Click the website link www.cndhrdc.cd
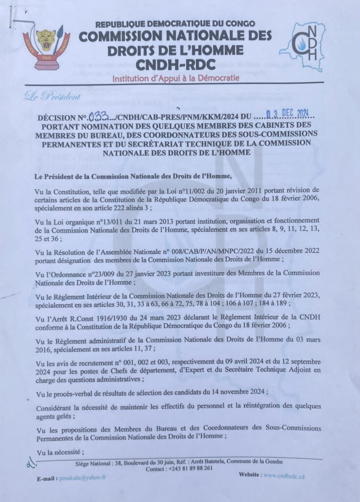(x=292, y=475)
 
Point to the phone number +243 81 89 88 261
(x=189, y=468)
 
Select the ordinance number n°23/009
(x=107, y=272)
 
